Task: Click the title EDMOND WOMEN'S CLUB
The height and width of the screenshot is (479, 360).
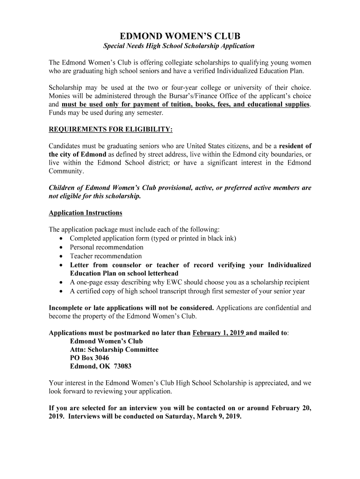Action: [x=180, y=36]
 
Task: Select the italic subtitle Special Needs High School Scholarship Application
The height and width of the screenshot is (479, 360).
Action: [x=179, y=46]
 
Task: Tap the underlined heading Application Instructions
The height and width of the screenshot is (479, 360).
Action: [x=86, y=213]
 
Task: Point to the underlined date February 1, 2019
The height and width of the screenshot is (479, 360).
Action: [x=219, y=333]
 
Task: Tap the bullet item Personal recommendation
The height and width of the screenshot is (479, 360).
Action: [x=107, y=247]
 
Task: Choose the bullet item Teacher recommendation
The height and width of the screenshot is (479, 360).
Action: [x=106, y=256]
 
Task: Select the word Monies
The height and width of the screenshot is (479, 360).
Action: [x=59, y=96]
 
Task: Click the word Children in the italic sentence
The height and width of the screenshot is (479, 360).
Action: [x=62, y=188]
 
